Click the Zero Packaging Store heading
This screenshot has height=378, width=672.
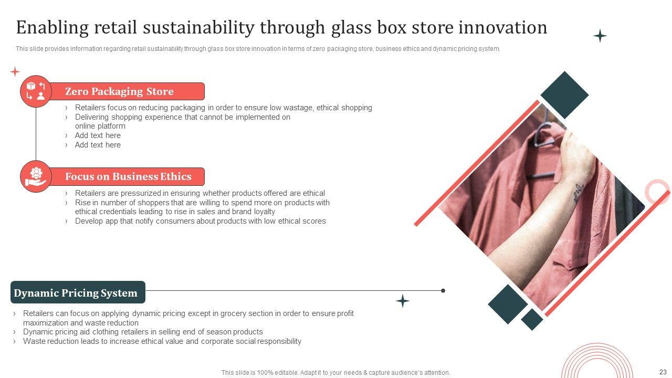[x=119, y=91]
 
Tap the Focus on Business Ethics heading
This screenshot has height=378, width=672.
[x=128, y=176]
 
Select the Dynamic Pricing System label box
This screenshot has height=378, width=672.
[x=78, y=292]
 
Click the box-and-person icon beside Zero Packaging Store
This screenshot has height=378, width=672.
[x=36, y=91]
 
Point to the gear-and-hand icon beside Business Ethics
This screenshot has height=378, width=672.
[x=36, y=177]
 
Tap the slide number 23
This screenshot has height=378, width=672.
[x=663, y=372]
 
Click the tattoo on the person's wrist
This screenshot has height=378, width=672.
[x=577, y=192]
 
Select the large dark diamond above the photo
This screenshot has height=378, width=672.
[x=564, y=95]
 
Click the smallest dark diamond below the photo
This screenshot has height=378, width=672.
[x=532, y=320]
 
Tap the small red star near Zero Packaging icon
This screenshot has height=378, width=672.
[x=15, y=72]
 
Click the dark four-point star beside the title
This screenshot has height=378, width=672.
[x=600, y=36]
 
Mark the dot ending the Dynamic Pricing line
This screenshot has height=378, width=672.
[x=443, y=290]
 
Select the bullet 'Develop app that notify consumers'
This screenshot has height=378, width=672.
[x=201, y=221]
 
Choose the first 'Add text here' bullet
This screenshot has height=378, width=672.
[x=98, y=135]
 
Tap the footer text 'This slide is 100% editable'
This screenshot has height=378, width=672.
[x=335, y=373]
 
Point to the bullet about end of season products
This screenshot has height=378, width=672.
[x=143, y=332]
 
